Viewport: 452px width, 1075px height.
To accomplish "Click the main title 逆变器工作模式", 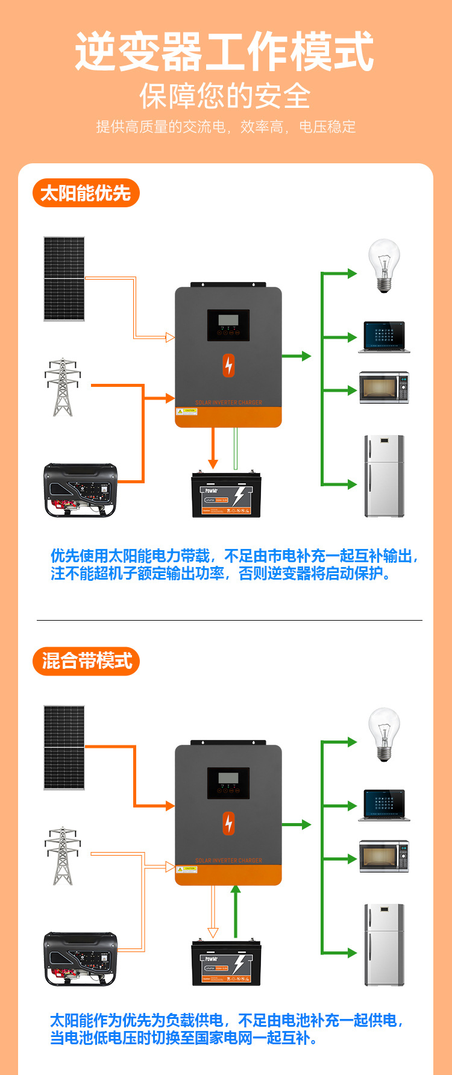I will coord(224,52).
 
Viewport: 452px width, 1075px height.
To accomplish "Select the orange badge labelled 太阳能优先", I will coord(86,193).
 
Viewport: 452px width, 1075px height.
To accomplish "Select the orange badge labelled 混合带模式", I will coord(86,661).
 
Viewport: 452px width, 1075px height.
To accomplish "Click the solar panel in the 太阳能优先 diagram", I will coord(64,278).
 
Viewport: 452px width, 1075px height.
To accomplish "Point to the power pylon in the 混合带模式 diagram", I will coord(62,856).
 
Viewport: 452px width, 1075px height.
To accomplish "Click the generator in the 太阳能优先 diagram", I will coord(80,490).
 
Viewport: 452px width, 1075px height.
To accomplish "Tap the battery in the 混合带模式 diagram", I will coord(226,963).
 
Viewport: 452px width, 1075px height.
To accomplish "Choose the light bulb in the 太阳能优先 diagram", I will coord(384,265).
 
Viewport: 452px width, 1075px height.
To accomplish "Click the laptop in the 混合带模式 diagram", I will coord(384,805).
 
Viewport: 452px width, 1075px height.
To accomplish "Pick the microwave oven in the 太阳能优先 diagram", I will coord(384,387).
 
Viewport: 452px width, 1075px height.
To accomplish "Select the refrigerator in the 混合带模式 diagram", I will coord(384,944).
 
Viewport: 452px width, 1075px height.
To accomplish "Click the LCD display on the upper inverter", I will coord(228,321).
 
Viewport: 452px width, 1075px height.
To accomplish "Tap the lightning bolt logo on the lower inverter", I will coord(228,823).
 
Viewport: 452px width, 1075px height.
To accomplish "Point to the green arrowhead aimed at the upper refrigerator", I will coord(351,484).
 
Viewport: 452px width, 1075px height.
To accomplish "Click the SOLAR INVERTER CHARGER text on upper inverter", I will coord(228,403).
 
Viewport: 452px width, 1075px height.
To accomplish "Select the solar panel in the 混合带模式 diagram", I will coord(64,747).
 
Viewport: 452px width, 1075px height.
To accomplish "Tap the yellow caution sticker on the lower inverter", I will coord(187,869).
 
